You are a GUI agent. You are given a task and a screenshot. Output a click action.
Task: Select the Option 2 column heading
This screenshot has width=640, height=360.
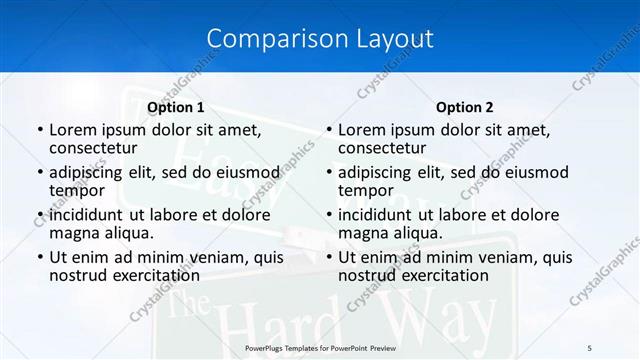(465, 107)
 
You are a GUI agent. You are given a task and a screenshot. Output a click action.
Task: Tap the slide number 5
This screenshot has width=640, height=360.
(589, 347)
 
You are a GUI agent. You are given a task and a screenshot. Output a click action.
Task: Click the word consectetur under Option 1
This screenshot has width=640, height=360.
(93, 148)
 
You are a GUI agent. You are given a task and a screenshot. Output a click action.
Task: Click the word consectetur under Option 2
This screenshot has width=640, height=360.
(382, 148)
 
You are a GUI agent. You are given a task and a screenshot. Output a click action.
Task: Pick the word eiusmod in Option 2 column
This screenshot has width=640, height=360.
(533, 171)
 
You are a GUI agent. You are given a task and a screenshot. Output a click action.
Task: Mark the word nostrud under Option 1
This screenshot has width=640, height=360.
(77, 275)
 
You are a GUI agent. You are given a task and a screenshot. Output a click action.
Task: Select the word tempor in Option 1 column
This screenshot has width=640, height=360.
(77, 190)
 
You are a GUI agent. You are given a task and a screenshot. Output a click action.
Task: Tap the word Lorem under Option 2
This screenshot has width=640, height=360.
(361, 129)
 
